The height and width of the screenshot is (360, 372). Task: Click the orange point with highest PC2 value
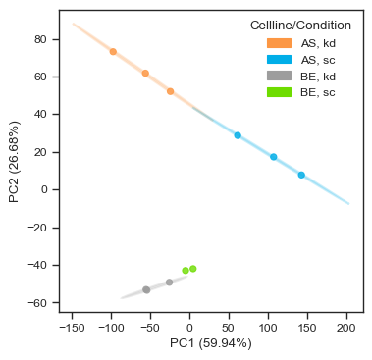(113, 51)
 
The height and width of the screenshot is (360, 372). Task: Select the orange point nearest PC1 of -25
(170, 91)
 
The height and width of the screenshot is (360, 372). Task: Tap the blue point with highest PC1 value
(301, 175)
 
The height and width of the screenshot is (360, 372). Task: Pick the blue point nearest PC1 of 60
(238, 135)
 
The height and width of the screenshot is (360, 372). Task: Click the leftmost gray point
(146, 289)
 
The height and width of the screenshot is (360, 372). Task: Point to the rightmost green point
(192, 268)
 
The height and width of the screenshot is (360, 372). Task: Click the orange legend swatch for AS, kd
(280, 43)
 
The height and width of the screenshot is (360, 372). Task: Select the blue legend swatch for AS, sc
(280, 60)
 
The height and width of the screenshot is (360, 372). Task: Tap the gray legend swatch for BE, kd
(280, 77)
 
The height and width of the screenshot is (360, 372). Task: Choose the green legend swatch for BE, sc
(280, 92)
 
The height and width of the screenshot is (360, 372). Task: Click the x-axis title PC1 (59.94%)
(210, 343)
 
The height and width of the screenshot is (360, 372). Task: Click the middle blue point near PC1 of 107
(274, 157)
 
